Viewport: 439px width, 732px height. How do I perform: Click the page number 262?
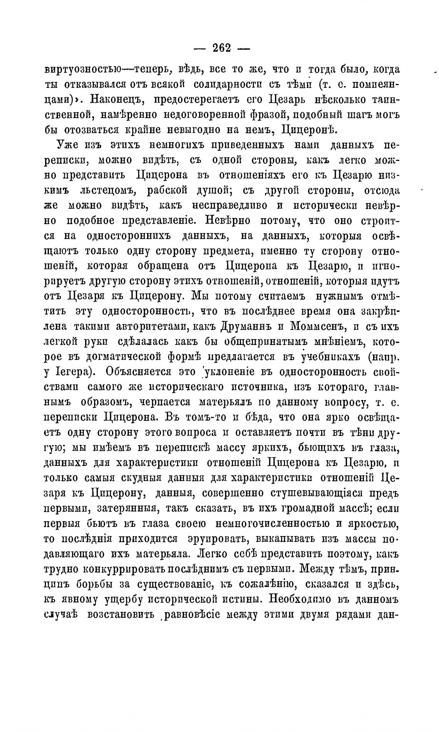point(221,48)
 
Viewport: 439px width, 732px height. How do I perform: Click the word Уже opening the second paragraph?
point(68,145)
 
